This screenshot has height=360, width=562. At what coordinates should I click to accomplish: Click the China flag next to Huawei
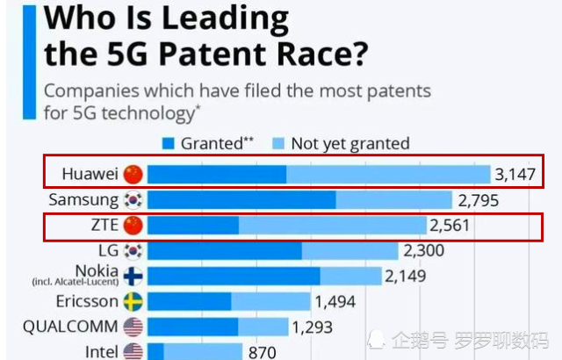pyautogui.click(x=133, y=173)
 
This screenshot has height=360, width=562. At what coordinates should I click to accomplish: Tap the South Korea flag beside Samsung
pyautogui.click(x=133, y=199)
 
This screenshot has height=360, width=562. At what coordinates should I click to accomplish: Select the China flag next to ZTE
pyautogui.click(x=133, y=226)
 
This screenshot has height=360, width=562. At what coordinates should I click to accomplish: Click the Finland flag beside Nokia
pyautogui.click(x=133, y=277)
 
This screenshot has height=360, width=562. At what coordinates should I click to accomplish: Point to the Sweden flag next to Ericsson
pyautogui.click(x=133, y=302)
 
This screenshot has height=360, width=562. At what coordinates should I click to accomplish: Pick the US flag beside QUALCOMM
pyautogui.click(x=133, y=328)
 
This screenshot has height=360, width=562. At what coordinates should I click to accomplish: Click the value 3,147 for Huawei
pyautogui.click(x=515, y=174)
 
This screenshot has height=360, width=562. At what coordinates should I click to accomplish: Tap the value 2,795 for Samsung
pyautogui.click(x=478, y=200)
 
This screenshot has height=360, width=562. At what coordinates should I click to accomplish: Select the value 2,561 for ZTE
pyautogui.click(x=450, y=226)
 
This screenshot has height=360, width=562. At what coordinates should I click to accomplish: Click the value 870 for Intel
pyautogui.click(x=263, y=351)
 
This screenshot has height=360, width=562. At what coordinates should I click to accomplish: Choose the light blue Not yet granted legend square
pyautogui.click(x=279, y=143)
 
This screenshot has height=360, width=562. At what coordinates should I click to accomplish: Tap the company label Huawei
pyautogui.click(x=90, y=174)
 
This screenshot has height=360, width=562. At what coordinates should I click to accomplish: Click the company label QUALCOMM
pyautogui.click(x=70, y=328)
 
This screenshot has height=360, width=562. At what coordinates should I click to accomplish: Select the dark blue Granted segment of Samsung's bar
pyautogui.click(x=241, y=199)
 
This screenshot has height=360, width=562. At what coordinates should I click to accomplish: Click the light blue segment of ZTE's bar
pyautogui.click(x=332, y=226)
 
